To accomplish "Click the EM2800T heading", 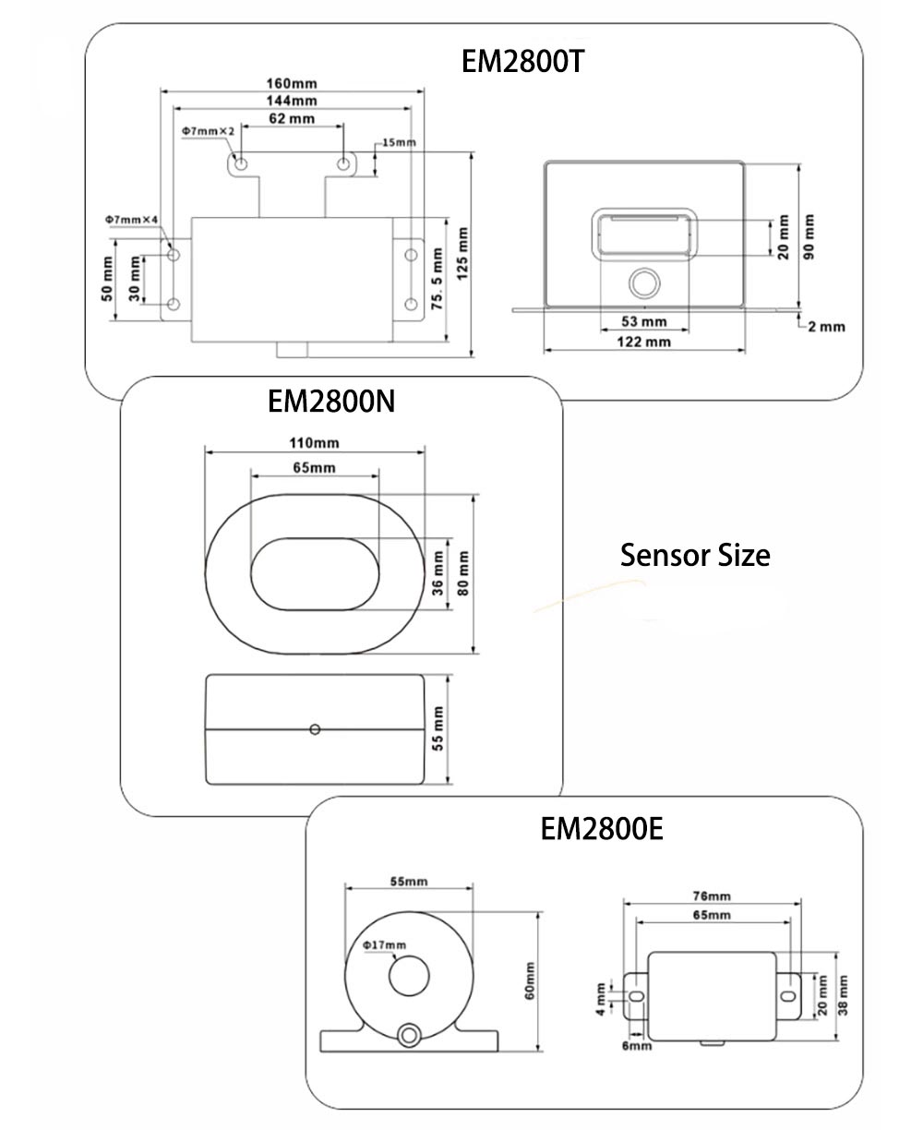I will pyautogui.click(x=523, y=62).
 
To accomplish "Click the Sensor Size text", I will pyautogui.click(x=695, y=556).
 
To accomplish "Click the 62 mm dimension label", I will pyautogui.click(x=292, y=118).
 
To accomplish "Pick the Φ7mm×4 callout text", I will pyautogui.click(x=133, y=219).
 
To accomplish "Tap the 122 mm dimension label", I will pyautogui.click(x=644, y=342).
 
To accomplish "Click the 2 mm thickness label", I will pyautogui.click(x=827, y=326).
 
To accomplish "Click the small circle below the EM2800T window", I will pyautogui.click(x=644, y=282).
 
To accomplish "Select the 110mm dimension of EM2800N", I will pyautogui.click(x=315, y=442).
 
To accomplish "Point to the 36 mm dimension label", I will pyautogui.click(x=438, y=572).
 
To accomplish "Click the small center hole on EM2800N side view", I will pyautogui.click(x=315, y=729).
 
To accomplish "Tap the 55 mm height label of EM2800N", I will pyautogui.click(x=438, y=728).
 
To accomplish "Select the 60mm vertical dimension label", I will pyautogui.click(x=530, y=980).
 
